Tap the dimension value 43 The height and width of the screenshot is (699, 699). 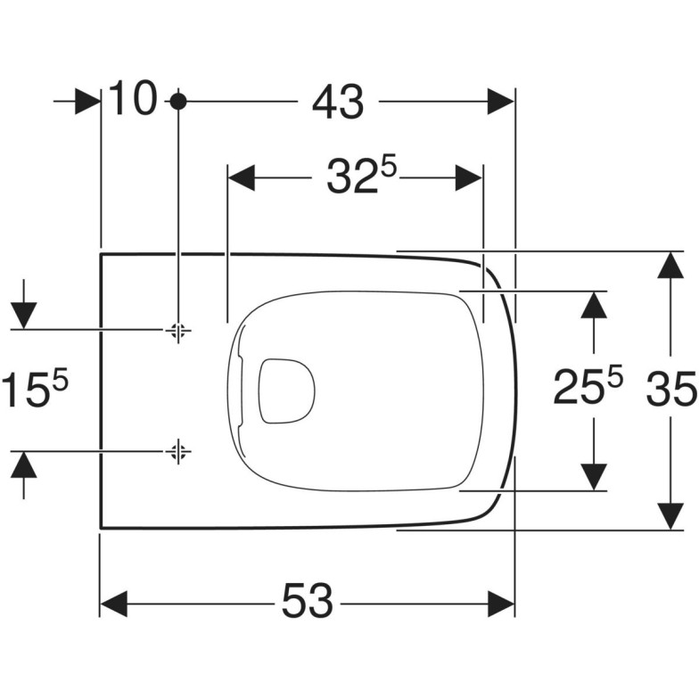[x=338, y=103]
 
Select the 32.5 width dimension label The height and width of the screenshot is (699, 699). [x=362, y=177]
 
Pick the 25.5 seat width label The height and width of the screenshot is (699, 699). [x=588, y=386]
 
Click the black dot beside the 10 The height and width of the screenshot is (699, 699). [x=178, y=102]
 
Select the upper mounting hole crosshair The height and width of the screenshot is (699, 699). [x=178, y=330]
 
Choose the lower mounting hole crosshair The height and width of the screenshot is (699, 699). [x=178, y=451]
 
